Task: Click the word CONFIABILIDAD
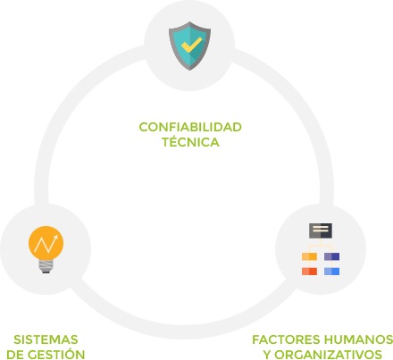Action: [190, 127]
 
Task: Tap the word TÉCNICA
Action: [190, 141]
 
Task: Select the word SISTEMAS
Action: [46, 339]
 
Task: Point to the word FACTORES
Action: [286, 339]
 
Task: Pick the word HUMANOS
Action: [358, 339]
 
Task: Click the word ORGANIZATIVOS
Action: [328, 355]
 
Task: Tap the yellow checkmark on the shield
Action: [191, 45]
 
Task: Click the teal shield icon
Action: [189, 46]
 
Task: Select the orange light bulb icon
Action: [46, 249]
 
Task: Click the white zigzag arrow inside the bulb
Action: [46, 244]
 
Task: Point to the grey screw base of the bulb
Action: [46, 265]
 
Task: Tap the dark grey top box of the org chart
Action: [321, 230]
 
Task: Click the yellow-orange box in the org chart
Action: [309, 256]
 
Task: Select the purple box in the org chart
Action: [331, 256]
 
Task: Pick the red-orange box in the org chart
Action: [309, 272]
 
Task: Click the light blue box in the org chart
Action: [331, 272]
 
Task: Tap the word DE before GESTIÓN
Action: [15, 355]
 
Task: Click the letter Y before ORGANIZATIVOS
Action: [267, 355]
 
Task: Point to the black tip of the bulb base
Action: [46, 272]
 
